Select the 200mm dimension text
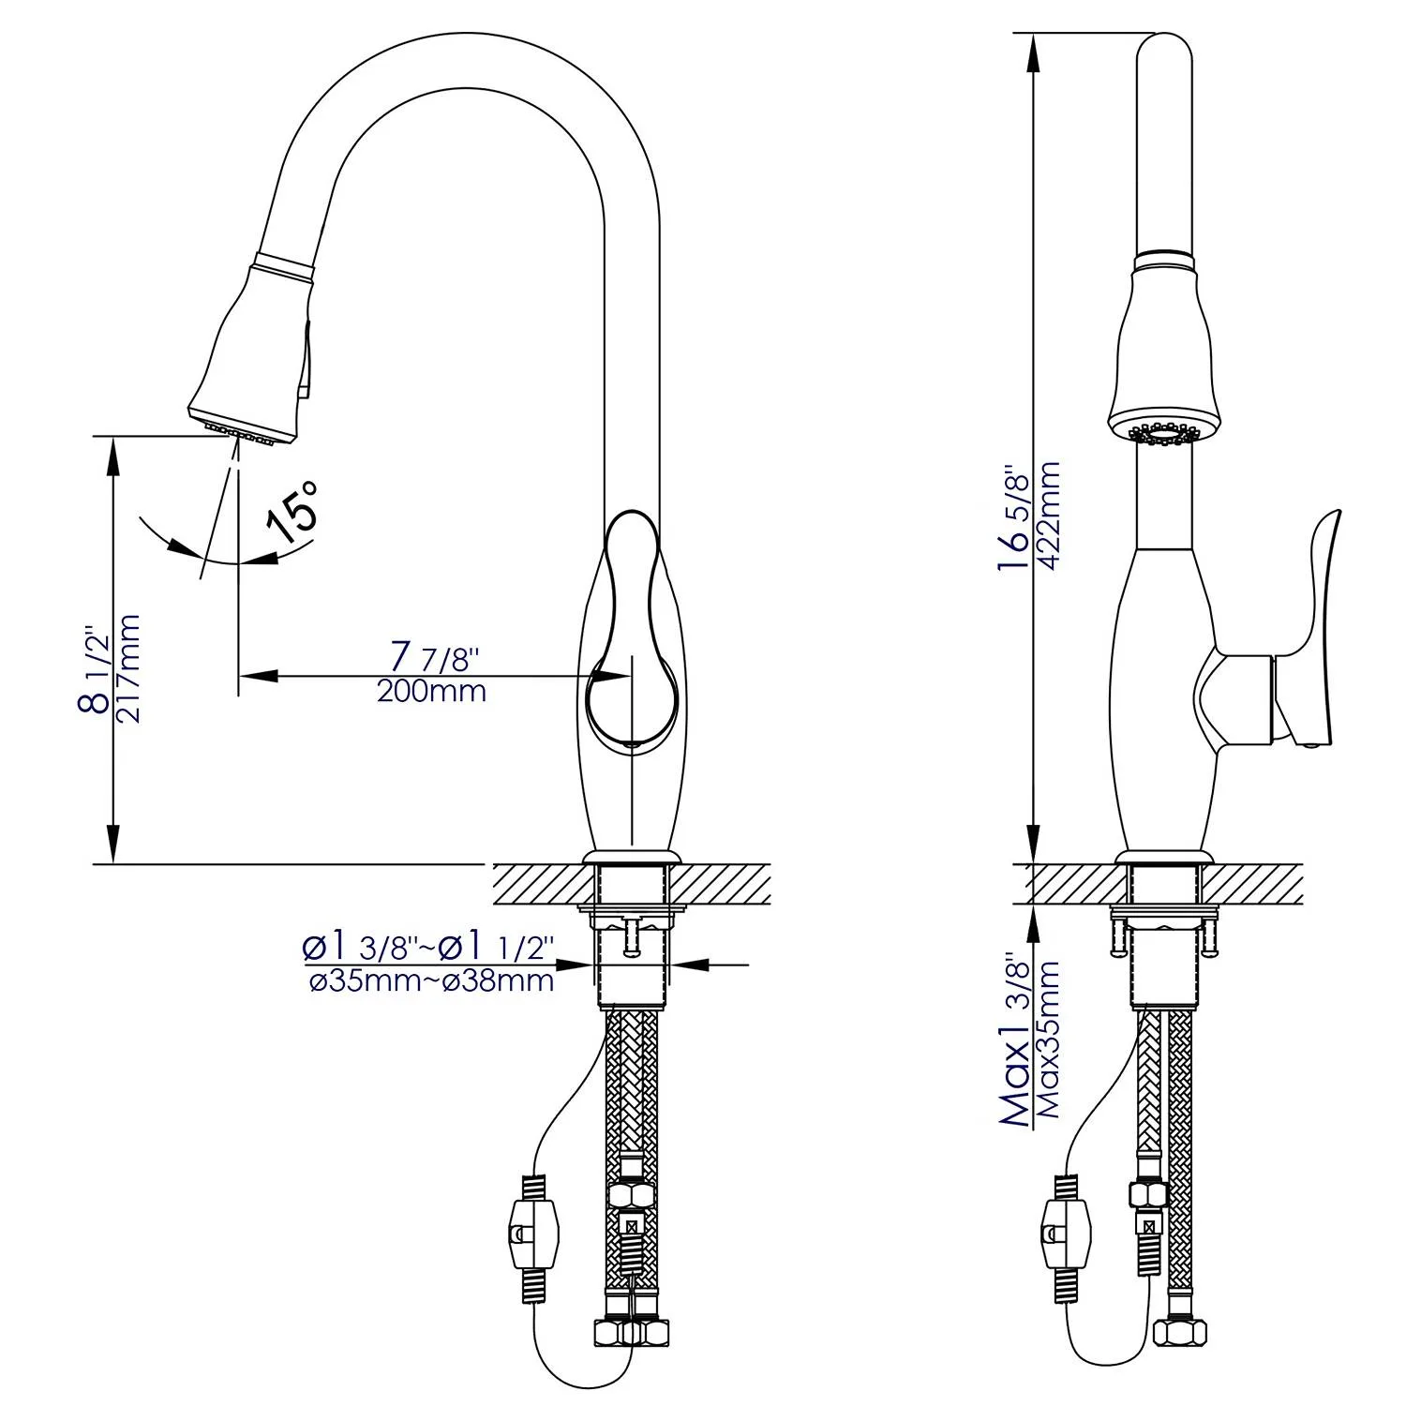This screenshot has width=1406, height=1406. point(431,692)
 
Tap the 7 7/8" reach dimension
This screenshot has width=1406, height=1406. point(433,655)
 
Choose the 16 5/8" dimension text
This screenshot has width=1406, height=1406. point(1015,520)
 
